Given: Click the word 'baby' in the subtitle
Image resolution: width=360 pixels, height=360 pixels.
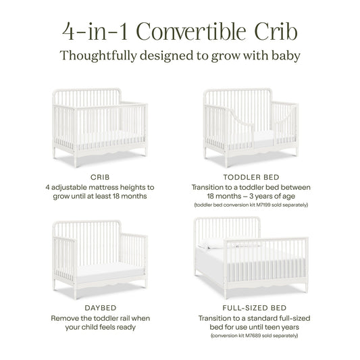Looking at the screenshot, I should click(284, 56).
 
